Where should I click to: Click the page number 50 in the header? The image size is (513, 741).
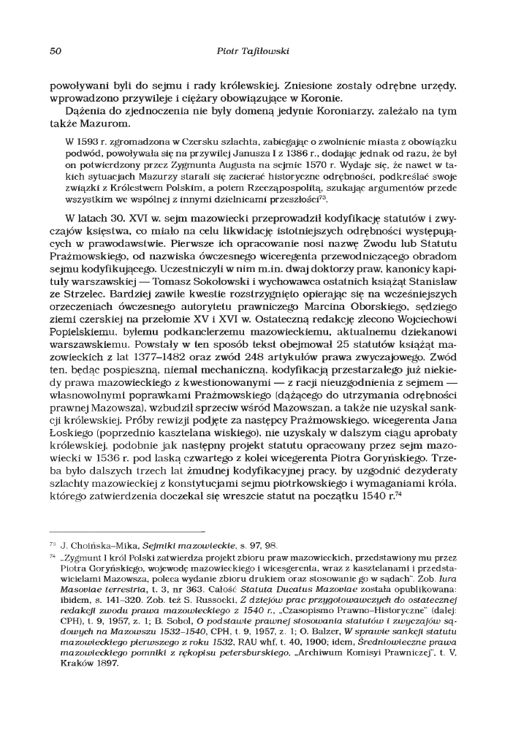tap(55, 50)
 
